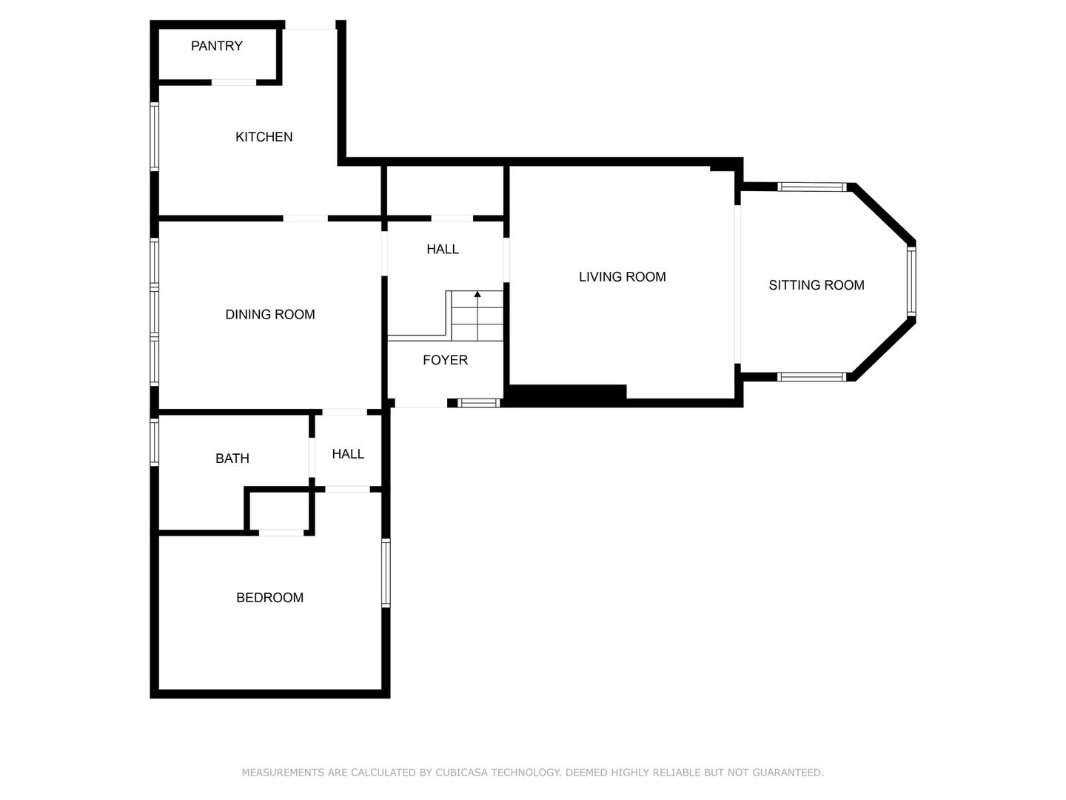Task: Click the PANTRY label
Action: pyautogui.click(x=216, y=46)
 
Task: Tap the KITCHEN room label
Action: pyautogui.click(x=264, y=137)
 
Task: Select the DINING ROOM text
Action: pyautogui.click(x=269, y=315)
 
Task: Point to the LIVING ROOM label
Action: pyautogui.click(x=622, y=277)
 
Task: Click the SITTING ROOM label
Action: pyautogui.click(x=816, y=285)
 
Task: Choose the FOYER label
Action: pyautogui.click(x=445, y=360)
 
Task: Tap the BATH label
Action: pyautogui.click(x=232, y=459)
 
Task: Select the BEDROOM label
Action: pyautogui.click(x=269, y=598)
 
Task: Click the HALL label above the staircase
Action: pyautogui.click(x=442, y=250)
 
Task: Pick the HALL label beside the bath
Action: pyautogui.click(x=347, y=454)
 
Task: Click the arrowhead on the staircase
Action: pyautogui.click(x=477, y=295)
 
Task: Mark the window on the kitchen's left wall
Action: pyautogui.click(x=155, y=137)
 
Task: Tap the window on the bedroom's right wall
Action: pyautogui.click(x=386, y=573)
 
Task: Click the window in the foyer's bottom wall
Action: pyautogui.click(x=479, y=403)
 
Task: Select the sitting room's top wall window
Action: pyautogui.click(x=811, y=187)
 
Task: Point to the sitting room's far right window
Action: pyautogui.click(x=911, y=281)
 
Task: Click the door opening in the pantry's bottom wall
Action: pyautogui.click(x=234, y=82)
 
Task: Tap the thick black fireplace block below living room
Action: pyautogui.click(x=567, y=396)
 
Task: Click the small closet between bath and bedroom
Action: pyautogui.click(x=279, y=510)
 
